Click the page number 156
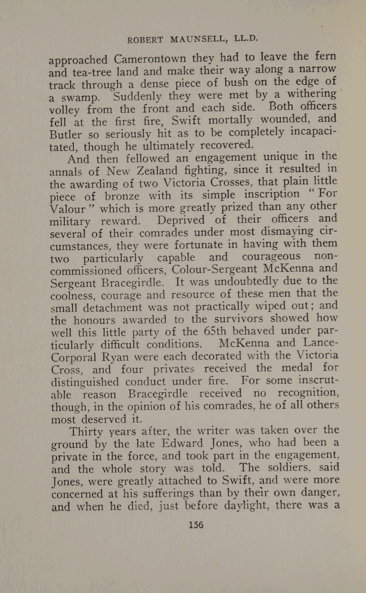pos(196,524)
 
